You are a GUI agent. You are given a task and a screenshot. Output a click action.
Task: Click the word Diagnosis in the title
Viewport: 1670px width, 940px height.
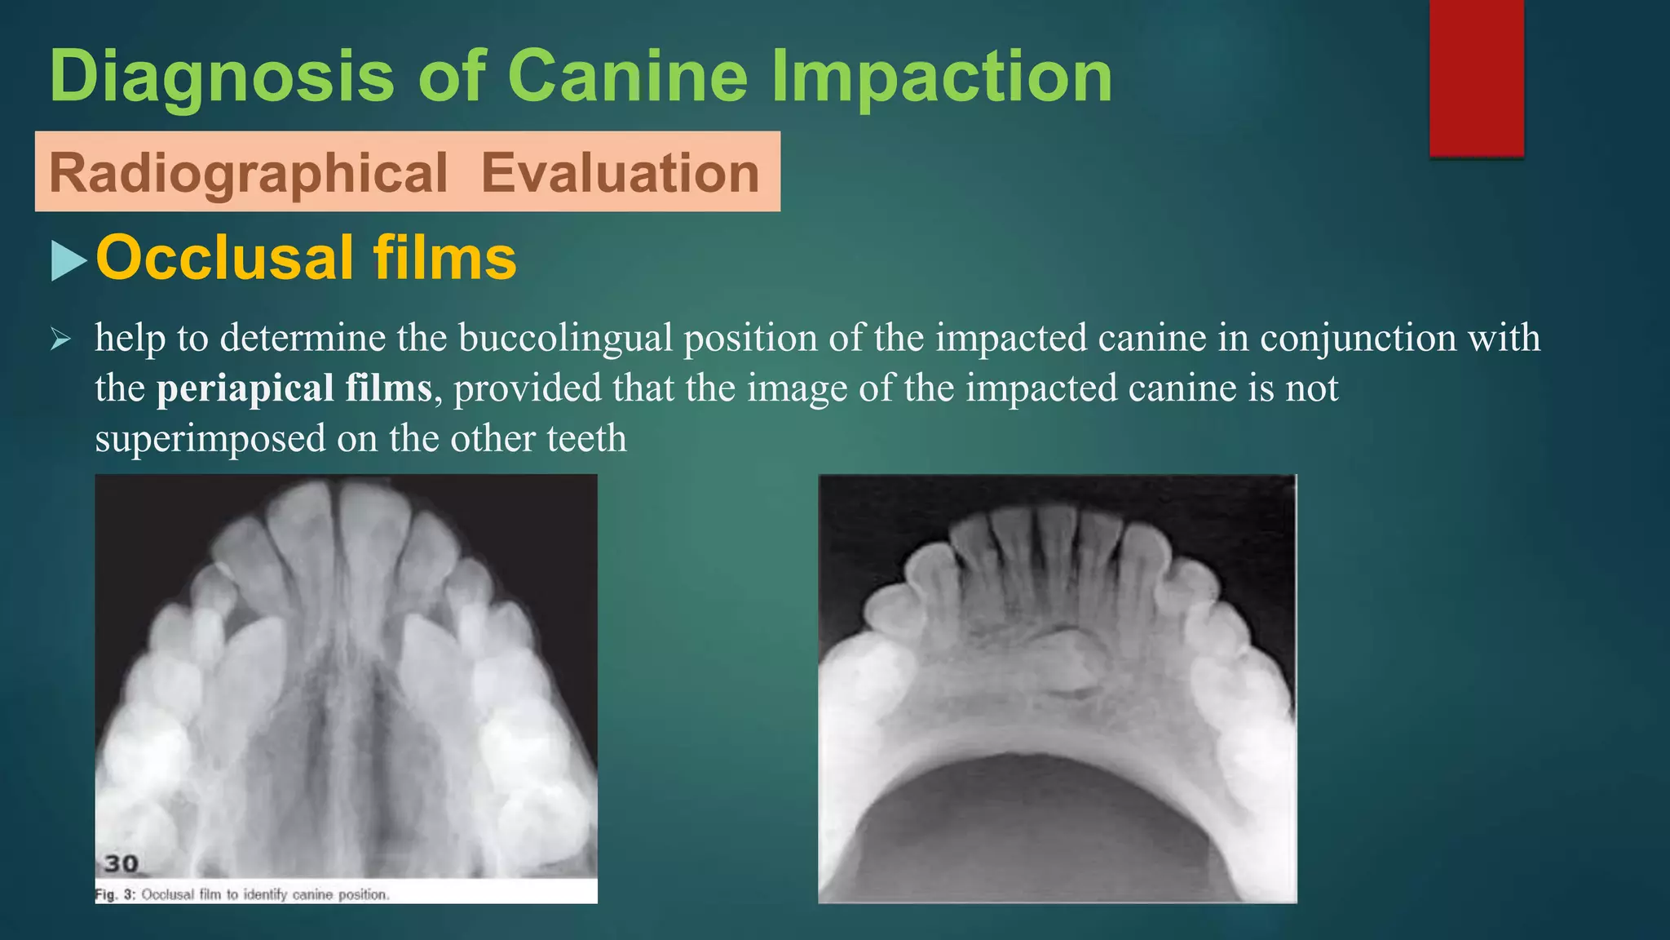pos(222,77)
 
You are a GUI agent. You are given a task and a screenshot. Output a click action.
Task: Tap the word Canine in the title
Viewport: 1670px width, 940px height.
pos(627,77)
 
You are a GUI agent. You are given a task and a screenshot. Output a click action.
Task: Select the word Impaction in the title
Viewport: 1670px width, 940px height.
pos(941,77)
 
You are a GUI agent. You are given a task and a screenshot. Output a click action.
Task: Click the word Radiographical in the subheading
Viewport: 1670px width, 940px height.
pos(248,173)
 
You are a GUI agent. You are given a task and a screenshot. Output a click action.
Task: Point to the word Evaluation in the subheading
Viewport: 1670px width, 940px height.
pos(620,173)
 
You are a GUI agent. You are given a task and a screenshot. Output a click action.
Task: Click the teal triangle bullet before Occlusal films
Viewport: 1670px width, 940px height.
pos(68,261)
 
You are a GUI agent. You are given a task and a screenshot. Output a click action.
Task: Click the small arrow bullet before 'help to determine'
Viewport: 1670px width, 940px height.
pos(61,337)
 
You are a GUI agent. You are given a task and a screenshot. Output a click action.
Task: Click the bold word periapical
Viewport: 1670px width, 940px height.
pos(245,388)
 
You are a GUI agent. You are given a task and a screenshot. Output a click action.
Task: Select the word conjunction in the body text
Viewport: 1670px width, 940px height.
pos(1358,338)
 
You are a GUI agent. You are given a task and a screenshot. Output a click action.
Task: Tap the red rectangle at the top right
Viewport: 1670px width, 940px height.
pos(1476,78)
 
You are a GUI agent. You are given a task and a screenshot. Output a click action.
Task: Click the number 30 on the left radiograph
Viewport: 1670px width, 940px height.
pos(121,863)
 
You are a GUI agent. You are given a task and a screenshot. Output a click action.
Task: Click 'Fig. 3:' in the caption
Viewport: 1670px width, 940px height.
pos(115,894)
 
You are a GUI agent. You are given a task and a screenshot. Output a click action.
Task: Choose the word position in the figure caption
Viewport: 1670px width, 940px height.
pos(363,894)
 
